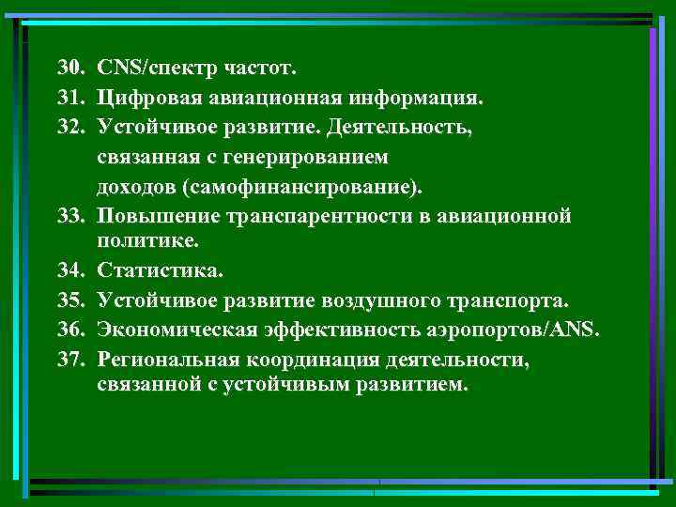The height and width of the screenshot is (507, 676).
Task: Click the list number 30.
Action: (71, 69)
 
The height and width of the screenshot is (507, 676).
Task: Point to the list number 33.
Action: (71, 217)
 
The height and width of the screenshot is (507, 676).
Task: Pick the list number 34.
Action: (71, 272)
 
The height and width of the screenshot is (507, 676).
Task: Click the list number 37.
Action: (71, 361)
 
